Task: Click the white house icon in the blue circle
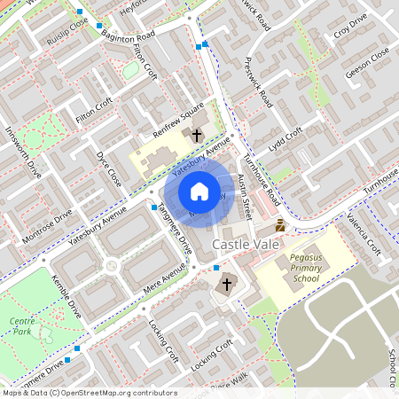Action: pyautogui.click(x=199, y=192)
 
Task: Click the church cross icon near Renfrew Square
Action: pyautogui.click(x=196, y=136)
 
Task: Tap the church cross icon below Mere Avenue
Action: pyautogui.click(x=226, y=285)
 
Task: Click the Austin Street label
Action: pyautogui.click(x=246, y=197)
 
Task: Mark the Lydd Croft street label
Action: pyautogui.click(x=286, y=139)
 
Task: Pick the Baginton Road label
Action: pyautogui.click(x=128, y=37)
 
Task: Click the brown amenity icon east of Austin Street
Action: pyautogui.click(x=280, y=225)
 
